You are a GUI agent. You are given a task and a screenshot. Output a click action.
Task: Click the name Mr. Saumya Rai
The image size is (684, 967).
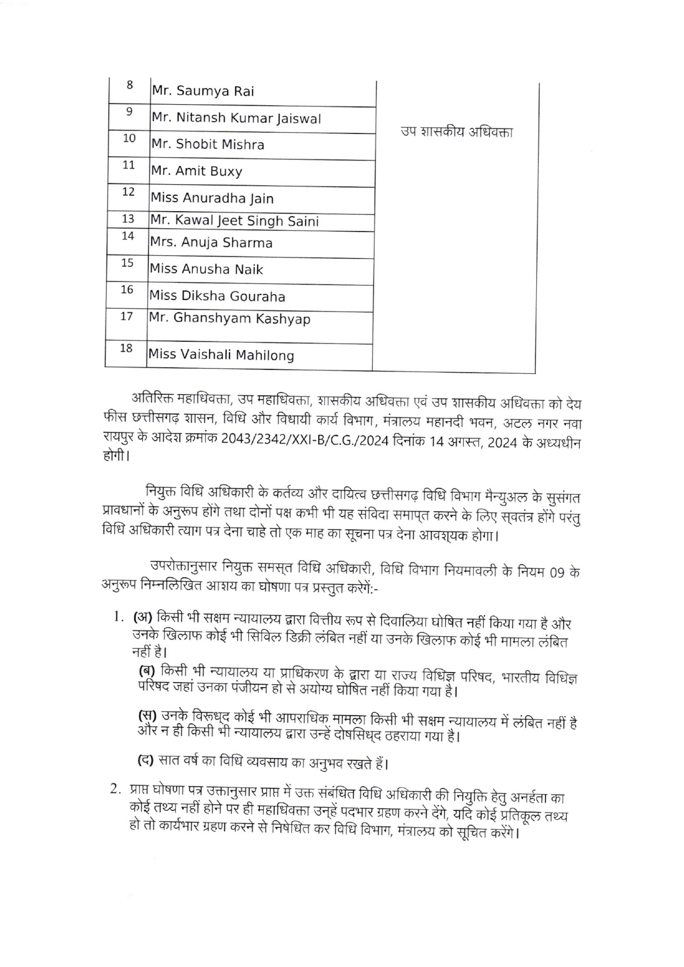click(x=203, y=91)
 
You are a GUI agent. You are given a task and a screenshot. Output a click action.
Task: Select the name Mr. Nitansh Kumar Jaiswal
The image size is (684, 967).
click(x=236, y=118)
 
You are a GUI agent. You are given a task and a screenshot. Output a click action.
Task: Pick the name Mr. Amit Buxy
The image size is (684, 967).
click(x=196, y=171)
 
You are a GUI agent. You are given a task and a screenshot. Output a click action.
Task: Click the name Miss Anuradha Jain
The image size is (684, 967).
click(x=212, y=198)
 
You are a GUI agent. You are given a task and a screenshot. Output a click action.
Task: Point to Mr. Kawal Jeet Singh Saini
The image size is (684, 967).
click(x=234, y=221)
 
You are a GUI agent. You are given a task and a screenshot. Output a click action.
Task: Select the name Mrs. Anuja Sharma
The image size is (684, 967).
click(x=211, y=243)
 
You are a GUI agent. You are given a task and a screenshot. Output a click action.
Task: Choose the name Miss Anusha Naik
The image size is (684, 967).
click(x=206, y=269)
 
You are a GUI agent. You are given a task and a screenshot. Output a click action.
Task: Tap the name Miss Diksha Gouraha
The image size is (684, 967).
click(x=217, y=296)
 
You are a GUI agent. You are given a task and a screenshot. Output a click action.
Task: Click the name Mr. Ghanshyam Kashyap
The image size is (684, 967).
click(x=229, y=319)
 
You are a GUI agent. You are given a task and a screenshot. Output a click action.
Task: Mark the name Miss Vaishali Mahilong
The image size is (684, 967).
click(x=221, y=354)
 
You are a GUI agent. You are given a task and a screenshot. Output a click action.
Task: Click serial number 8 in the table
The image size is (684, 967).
click(x=130, y=85)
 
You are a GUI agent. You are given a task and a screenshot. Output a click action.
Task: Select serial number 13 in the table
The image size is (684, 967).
click(x=128, y=219)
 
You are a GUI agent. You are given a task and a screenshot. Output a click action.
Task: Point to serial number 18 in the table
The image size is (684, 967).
click(x=126, y=348)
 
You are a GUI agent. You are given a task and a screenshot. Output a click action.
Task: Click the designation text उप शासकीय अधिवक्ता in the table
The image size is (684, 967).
click(x=457, y=132)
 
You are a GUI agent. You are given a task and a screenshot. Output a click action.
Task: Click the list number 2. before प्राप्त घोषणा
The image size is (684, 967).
click(x=116, y=789)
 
